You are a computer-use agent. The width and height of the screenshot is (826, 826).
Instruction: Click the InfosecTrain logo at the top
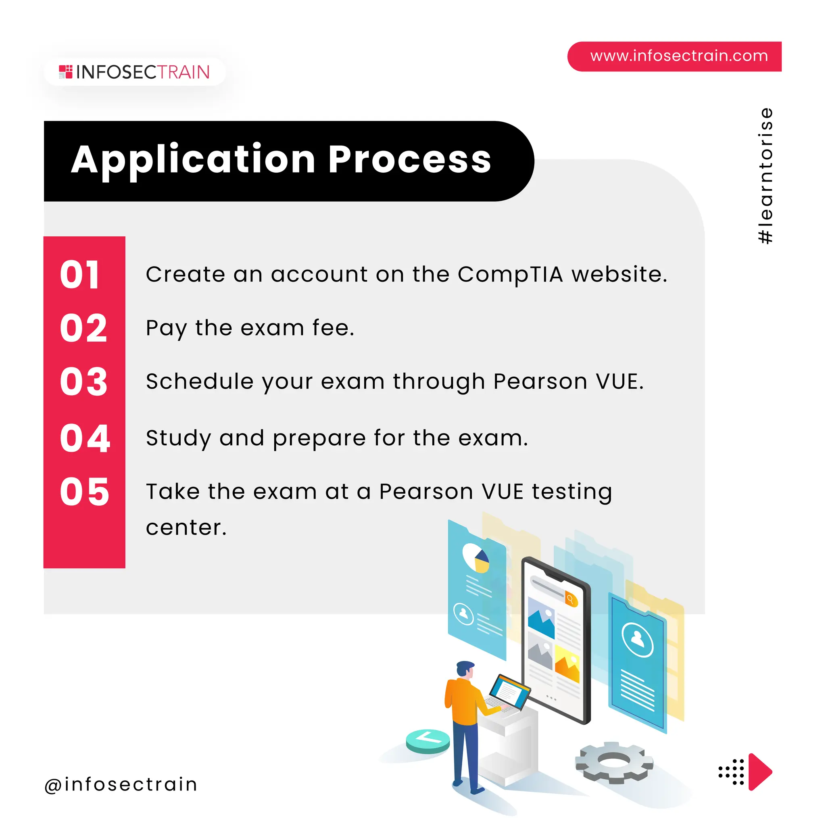(134, 72)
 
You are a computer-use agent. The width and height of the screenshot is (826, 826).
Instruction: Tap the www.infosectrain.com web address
(678, 56)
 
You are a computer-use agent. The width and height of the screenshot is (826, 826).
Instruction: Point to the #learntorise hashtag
(765, 176)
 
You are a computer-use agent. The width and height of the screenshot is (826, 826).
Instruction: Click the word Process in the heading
(410, 159)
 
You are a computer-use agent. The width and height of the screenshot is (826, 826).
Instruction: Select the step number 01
(80, 275)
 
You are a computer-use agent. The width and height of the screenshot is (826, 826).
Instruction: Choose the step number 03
(84, 382)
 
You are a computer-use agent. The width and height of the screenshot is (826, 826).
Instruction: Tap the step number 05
(85, 492)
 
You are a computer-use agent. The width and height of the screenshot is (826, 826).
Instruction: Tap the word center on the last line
(186, 528)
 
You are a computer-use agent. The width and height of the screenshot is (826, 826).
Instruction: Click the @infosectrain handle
(121, 784)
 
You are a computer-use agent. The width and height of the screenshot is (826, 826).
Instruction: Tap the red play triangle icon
(759, 772)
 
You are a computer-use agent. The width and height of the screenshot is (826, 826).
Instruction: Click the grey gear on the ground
(613, 762)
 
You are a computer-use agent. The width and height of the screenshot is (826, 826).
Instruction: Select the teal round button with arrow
(428, 740)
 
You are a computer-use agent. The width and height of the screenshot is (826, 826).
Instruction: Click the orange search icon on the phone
(570, 599)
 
